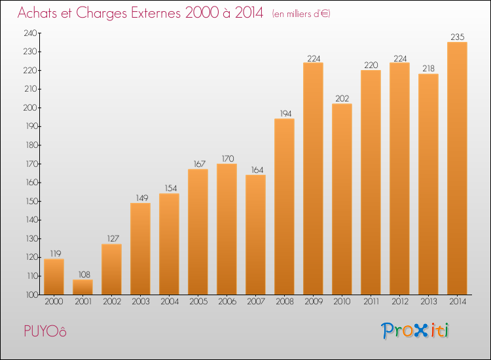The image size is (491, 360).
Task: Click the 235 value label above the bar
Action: (x=457, y=37)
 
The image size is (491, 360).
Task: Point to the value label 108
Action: (x=82, y=275)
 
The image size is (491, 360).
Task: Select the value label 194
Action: (x=284, y=113)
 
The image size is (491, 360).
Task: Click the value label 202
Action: (x=342, y=98)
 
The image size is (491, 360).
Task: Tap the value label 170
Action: (x=227, y=158)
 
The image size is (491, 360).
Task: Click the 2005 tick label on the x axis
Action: (x=198, y=302)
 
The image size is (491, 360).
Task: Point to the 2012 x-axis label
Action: (x=399, y=302)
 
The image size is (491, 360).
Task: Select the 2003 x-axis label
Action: (x=140, y=302)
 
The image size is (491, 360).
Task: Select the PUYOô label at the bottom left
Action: (x=43, y=331)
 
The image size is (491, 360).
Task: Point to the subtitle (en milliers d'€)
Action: (x=301, y=14)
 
